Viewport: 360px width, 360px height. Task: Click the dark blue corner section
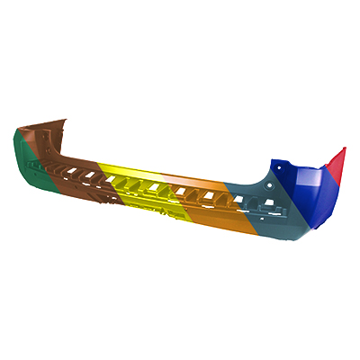point(306,193)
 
